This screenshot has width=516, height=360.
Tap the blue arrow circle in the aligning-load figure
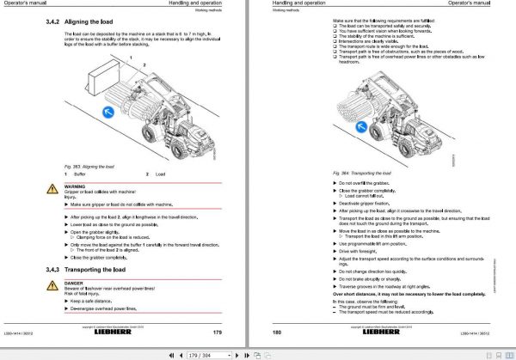[107, 113]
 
